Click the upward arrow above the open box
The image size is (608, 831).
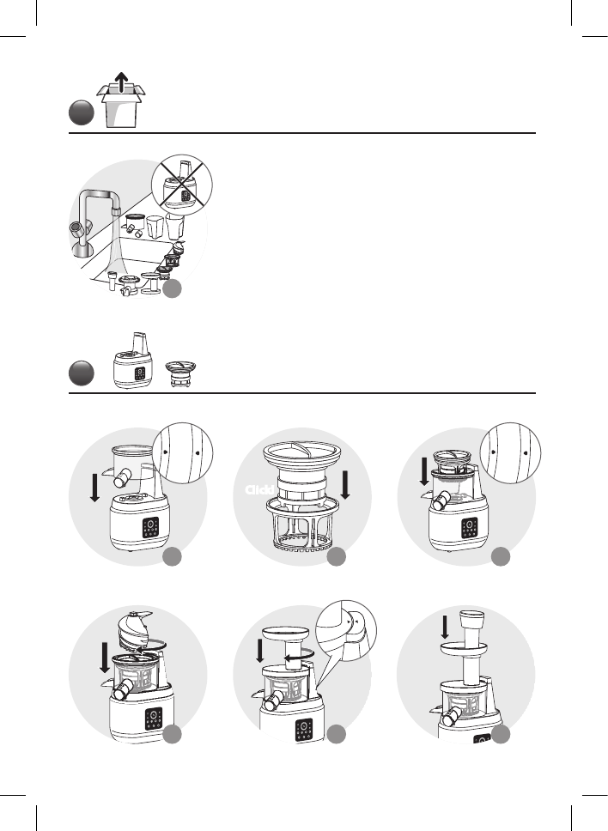(x=122, y=82)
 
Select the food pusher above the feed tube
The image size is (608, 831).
(x=471, y=624)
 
